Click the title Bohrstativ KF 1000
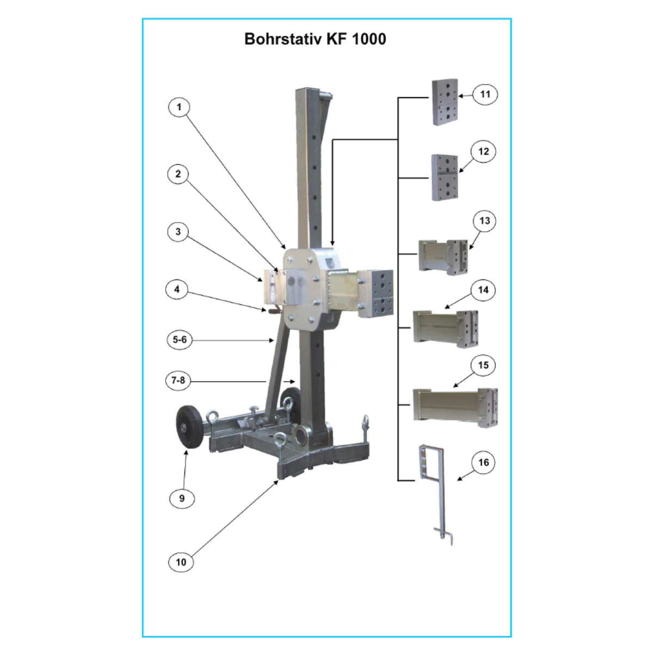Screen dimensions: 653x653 coord(315,39)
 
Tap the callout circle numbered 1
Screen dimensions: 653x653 coord(179,107)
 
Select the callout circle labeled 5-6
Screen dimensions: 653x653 coord(180,340)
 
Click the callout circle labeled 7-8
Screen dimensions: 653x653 coord(178,380)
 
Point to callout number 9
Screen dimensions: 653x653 coord(182,498)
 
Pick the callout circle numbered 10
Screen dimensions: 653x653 coord(181,562)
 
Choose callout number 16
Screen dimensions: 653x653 coord(483,463)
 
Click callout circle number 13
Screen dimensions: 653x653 coord(485,221)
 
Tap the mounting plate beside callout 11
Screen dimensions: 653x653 coord(445,102)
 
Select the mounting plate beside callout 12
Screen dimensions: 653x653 coord(445,177)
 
